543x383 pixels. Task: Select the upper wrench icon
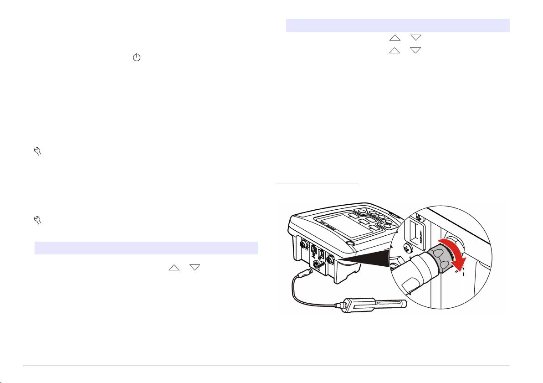pyautogui.click(x=37, y=152)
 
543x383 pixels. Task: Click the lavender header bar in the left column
pyautogui.click(x=146, y=248)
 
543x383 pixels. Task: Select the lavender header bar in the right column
pyautogui.click(x=397, y=26)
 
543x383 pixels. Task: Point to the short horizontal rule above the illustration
pyautogui.click(x=318, y=184)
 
